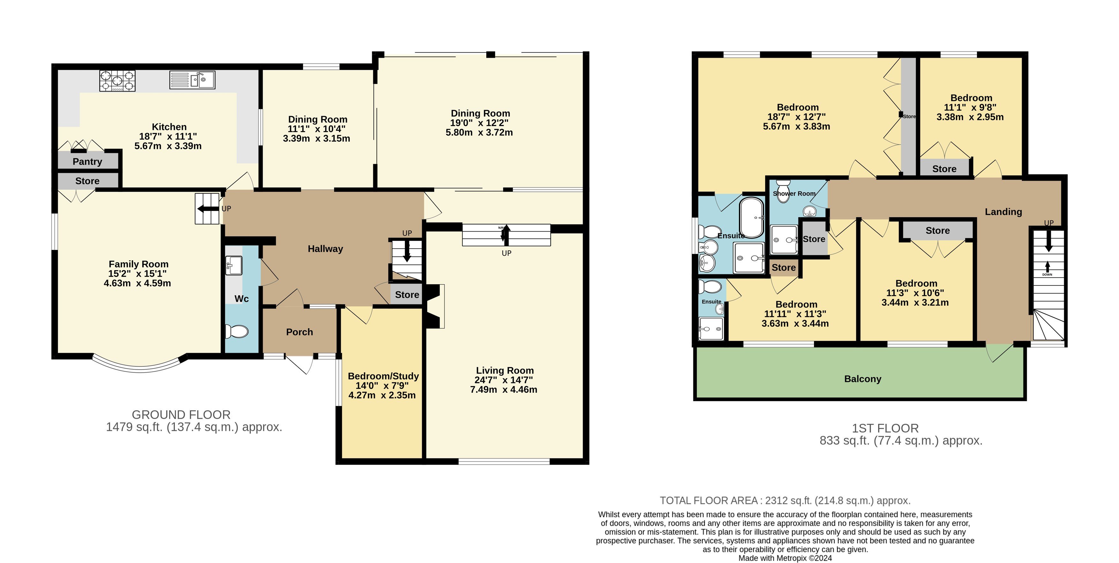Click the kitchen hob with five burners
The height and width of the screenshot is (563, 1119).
tap(117, 81)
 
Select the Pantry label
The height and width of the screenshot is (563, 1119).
tap(87, 162)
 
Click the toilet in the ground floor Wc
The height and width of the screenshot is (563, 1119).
tap(237, 331)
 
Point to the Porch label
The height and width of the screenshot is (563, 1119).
tap(299, 332)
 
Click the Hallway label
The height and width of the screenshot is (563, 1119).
tap(325, 249)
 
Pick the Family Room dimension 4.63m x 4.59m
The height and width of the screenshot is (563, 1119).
tap(137, 283)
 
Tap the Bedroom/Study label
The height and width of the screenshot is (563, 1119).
tap(383, 376)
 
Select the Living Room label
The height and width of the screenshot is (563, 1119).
tap(505, 371)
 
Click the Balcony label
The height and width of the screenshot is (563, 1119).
tap(863, 379)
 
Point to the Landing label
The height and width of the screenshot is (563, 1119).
tap(1003, 212)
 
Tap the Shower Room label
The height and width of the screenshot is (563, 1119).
tap(794, 194)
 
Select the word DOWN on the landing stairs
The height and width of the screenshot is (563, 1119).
tap(1047, 275)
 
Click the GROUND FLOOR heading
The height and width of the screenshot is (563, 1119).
tap(181, 415)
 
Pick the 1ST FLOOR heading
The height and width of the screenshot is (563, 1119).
tap(885, 428)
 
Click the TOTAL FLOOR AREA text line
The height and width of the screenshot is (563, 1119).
tap(785, 500)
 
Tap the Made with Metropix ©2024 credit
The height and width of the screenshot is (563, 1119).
tap(785, 558)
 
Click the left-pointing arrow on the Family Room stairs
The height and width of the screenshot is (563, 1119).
tap(208, 209)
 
